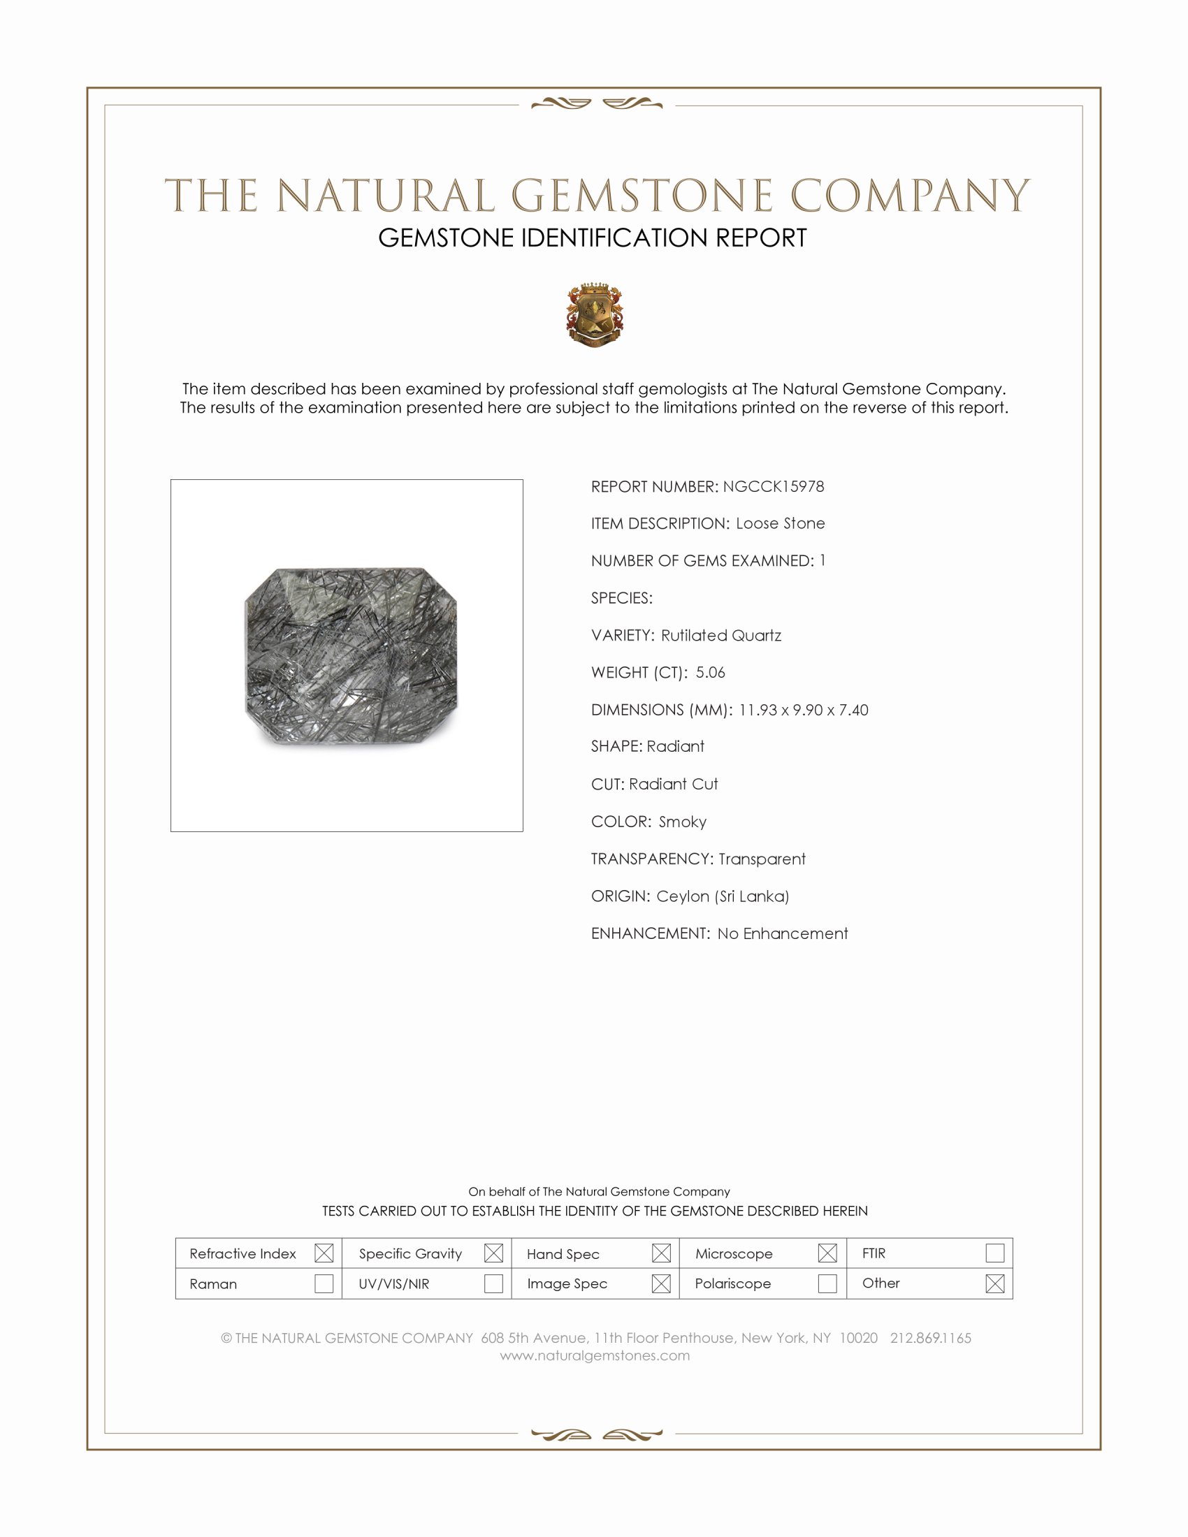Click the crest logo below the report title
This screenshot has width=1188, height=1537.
595,315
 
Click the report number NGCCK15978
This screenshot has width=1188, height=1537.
773,486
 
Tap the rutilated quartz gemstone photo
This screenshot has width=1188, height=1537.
351,655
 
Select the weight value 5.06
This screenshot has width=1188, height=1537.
710,672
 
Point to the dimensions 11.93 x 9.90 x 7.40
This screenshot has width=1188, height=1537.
803,709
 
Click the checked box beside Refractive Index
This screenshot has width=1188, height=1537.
324,1253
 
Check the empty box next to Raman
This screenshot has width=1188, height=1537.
324,1283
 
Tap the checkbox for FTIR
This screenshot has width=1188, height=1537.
994,1253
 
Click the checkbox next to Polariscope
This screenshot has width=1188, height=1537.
827,1283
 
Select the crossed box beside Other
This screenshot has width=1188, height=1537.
994,1283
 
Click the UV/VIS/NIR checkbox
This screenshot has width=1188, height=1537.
493,1283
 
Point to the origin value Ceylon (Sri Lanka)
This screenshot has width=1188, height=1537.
722,896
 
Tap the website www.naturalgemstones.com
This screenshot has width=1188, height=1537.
595,1355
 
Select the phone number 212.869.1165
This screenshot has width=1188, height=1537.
930,1338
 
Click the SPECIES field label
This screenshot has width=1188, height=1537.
621,598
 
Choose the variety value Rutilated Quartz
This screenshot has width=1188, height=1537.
720,636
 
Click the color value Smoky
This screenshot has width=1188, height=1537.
682,822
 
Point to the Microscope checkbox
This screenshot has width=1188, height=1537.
827,1253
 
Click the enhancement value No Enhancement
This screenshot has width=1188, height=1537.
782,933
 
